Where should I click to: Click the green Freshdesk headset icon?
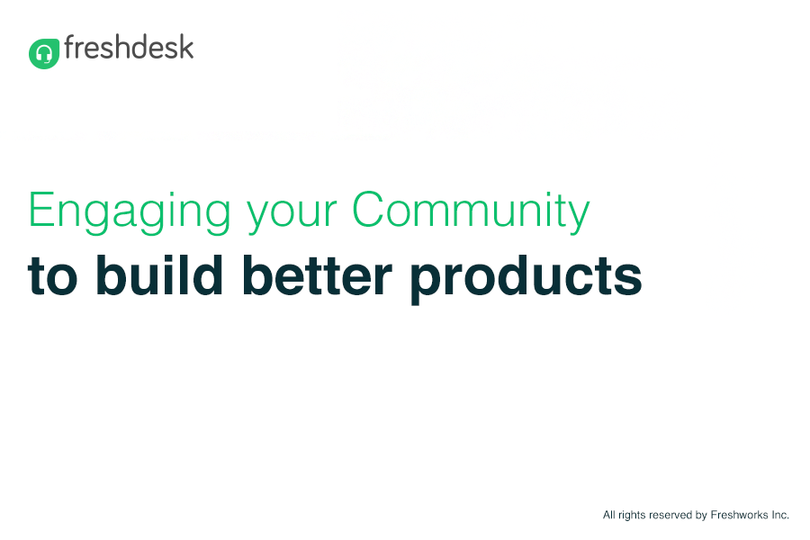pos(44,53)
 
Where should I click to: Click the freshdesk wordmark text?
pos(129,47)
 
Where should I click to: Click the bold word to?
pos(53,277)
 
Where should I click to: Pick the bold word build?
pos(159,274)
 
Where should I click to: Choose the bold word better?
pos(317,274)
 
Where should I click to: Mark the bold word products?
pos(526,279)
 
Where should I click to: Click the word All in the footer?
pos(608,515)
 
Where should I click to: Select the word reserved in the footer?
pos(670,515)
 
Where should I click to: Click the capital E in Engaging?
pos(40,209)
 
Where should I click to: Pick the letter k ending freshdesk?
pos(186,47)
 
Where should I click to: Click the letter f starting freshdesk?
pos(69,47)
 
